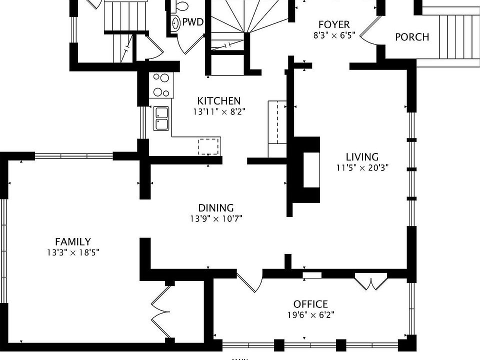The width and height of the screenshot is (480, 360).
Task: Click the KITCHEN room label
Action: coord(218,101)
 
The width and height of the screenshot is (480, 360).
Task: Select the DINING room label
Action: coord(215,208)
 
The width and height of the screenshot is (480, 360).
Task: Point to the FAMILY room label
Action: coord(73,242)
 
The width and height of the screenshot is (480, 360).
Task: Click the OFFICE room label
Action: coord(310,304)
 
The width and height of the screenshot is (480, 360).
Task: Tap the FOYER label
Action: coord(334,24)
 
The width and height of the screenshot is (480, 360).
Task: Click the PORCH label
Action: coord(412,37)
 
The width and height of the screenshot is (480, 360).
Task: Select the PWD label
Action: coord(192,22)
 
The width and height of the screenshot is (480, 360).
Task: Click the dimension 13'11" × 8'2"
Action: coord(219,112)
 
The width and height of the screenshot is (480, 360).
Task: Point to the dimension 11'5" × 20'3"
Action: coord(362,168)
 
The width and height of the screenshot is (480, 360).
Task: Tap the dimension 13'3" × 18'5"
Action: coord(73,253)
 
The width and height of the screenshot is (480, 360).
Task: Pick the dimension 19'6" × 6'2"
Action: coord(310,315)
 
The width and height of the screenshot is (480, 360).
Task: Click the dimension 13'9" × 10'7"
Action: coord(216,218)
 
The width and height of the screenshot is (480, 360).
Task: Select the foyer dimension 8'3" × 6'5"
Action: coord(334,35)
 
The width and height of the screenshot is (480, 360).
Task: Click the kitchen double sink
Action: coord(161,118)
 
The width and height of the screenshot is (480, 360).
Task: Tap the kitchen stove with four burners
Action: coord(161,85)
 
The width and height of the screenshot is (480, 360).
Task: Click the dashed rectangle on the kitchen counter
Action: coord(209,146)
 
